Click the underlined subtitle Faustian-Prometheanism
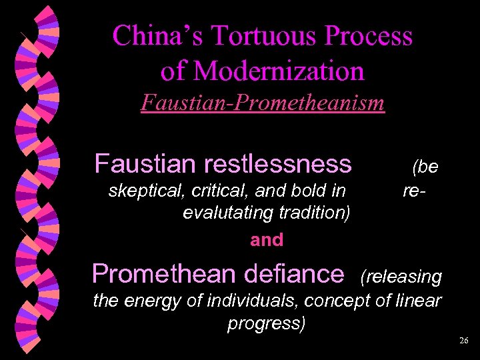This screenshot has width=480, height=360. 263,103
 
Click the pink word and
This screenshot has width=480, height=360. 267,240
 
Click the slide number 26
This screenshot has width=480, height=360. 464,341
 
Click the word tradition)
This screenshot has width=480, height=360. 314,213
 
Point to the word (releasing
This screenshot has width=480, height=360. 401,277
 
